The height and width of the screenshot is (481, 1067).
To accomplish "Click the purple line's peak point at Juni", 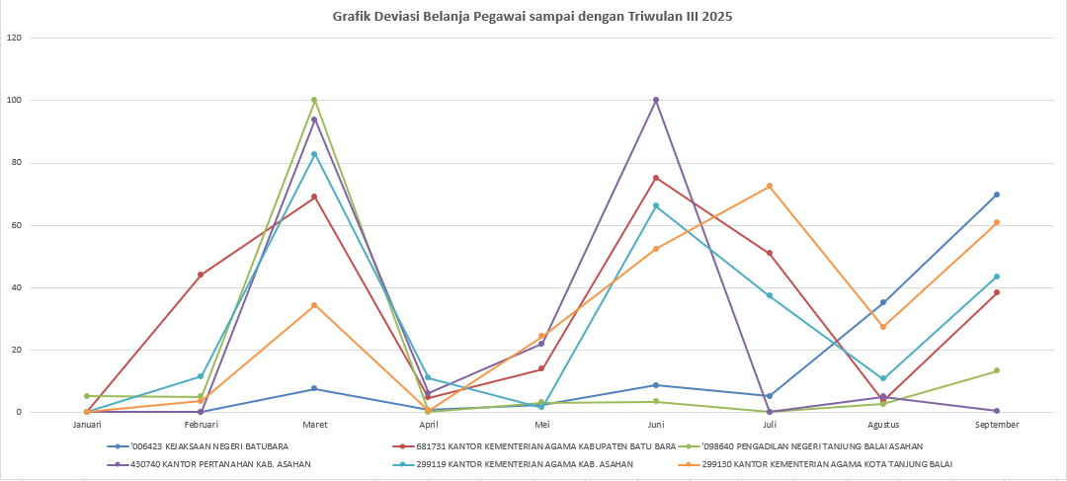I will tap(656, 100).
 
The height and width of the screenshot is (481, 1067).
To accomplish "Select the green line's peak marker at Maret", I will tap(314, 100).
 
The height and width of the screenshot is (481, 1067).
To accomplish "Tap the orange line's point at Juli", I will tap(770, 186).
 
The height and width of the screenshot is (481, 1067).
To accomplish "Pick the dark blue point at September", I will tap(997, 195).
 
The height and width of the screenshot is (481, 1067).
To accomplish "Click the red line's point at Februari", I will tap(201, 275).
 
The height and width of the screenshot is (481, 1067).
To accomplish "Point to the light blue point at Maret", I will tap(314, 154).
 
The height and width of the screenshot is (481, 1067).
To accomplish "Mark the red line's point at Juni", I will tap(656, 178).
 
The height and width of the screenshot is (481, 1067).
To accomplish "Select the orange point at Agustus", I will tap(883, 327).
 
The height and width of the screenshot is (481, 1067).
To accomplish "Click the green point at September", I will tap(997, 370).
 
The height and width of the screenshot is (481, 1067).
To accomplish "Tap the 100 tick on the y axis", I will tap(14, 101).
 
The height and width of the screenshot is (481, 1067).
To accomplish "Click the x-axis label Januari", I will tap(87, 425).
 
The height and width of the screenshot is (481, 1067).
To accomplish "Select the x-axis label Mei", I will tap(542, 425).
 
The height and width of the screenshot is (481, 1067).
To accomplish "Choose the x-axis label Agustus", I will tap(883, 425).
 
